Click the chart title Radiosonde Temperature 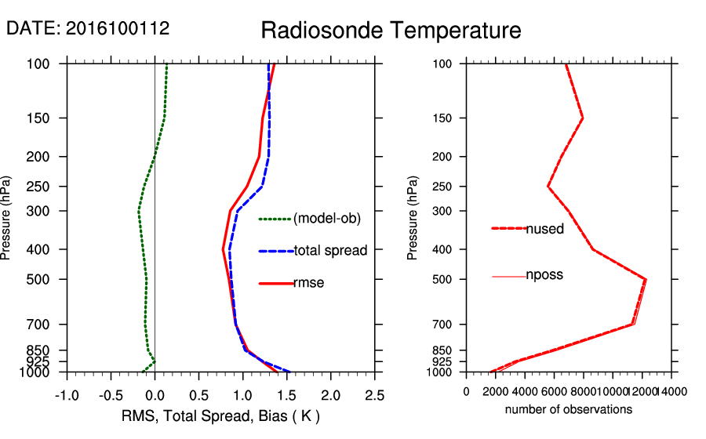(x=390, y=31)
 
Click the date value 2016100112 (x=118, y=28)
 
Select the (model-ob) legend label (x=326, y=219)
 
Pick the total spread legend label (x=330, y=251)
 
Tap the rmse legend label (x=308, y=283)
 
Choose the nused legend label (x=544, y=229)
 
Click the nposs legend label (x=544, y=275)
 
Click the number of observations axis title (x=569, y=409)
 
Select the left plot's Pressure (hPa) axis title (x=7, y=217)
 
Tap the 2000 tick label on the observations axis (x=496, y=391)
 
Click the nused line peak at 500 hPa (x=645, y=279)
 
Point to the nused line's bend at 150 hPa (x=583, y=118)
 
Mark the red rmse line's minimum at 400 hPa (x=224, y=249)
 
